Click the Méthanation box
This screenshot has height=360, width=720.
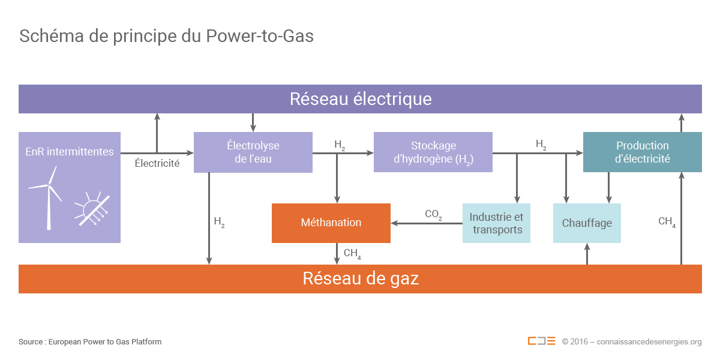(331, 223)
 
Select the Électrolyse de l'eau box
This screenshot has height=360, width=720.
(253, 152)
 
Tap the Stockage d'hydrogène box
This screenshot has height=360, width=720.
(433, 152)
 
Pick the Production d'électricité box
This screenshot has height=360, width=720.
(642, 152)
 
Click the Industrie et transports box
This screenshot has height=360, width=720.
(496, 223)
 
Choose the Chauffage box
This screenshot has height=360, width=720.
(586, 223)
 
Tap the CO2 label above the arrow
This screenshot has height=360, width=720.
(433, 214)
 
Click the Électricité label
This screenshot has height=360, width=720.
(157, 163)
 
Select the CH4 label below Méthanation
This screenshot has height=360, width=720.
(352, 253)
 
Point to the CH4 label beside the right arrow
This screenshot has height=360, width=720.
(667, 221)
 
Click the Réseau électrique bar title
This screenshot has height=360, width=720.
(360, 98)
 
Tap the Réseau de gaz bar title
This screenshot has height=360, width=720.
(360, 278)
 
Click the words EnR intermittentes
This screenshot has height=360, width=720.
(69, 152)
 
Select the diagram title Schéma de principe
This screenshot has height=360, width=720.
(166, 36)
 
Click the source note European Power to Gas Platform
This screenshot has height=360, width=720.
(90, 342)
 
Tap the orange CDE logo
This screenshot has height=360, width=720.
(541, 341)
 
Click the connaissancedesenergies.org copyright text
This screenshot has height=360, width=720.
(631, 342)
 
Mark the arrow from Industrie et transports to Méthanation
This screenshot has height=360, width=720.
(426, 224)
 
